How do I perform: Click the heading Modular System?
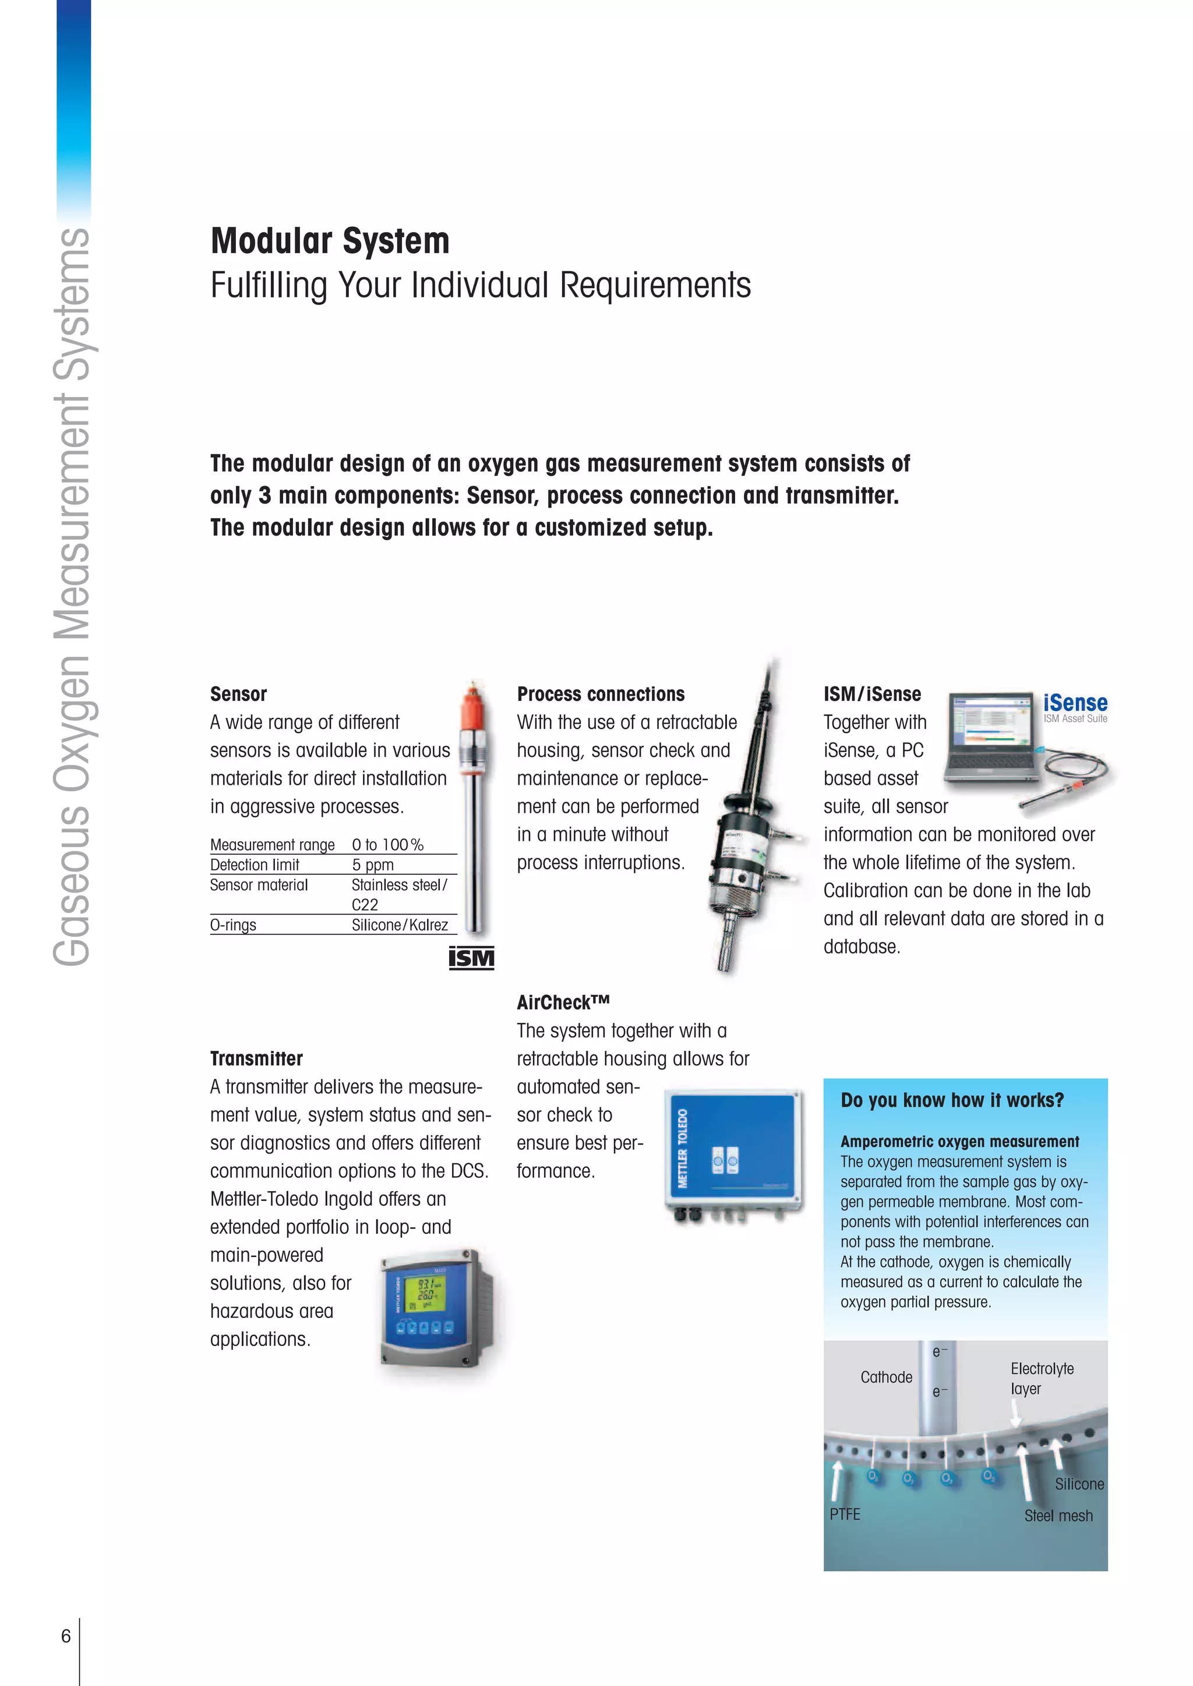[x=330, y=242]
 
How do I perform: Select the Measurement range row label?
[x=272, y=845]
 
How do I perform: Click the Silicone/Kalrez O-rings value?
[x=400, y=925]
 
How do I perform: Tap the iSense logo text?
[x=1075, y=703]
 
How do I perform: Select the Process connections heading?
[x=600, y=694]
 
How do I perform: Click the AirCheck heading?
[x=563, y=1003]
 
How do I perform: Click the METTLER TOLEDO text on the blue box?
[x=683, y=1147]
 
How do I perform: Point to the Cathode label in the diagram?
[x=886, y=1377]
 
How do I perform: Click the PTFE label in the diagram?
[x=845, y=1514]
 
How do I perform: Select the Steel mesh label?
[x=1058, y=1515]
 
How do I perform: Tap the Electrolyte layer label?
[x=1041, y=1379]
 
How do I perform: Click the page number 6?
[x=65, y=1636]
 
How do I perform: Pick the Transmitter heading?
[x=256, y=1058]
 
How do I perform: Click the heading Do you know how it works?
[x=952, y=1100]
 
